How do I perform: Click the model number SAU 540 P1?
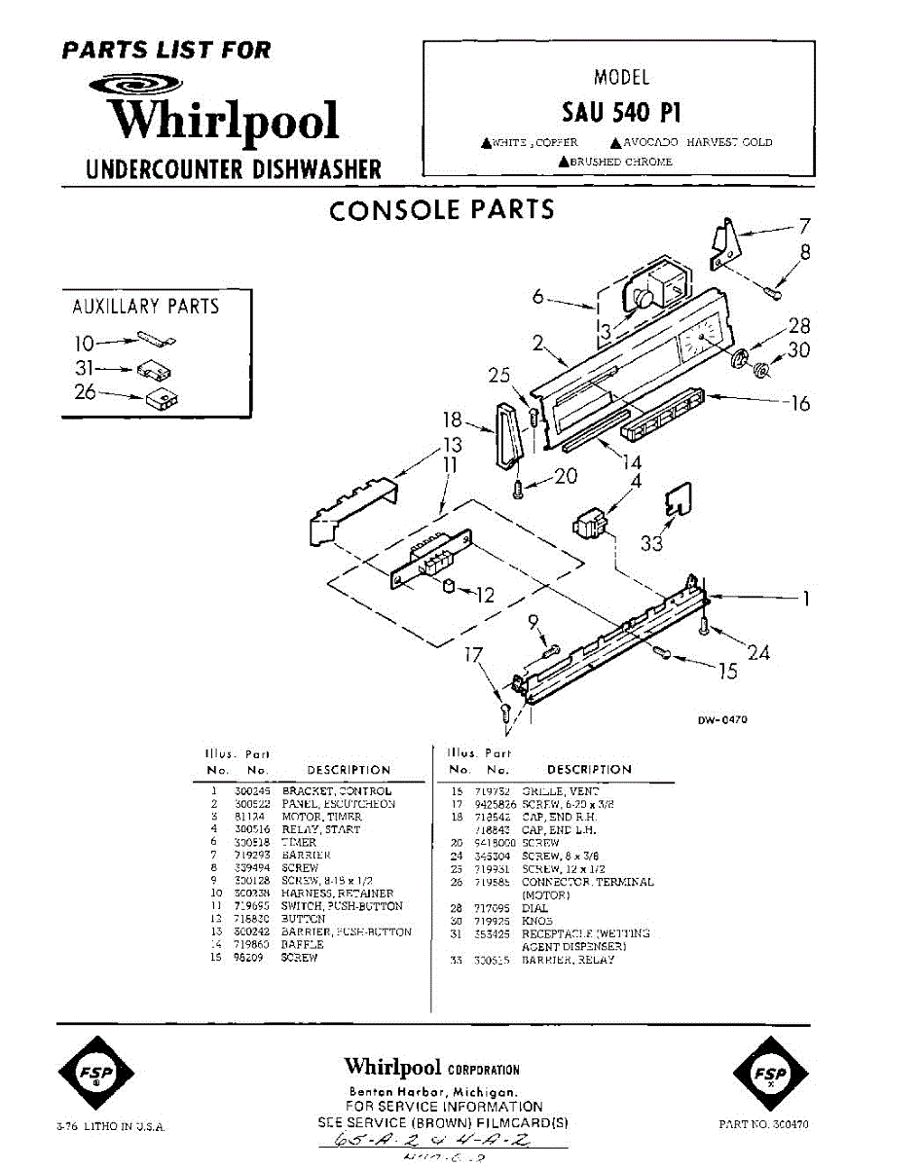[x=620, y=113]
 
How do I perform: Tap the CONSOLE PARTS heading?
[x=442, y=210]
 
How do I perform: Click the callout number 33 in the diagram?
[x=651, y=543]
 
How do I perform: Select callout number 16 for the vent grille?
[x=800, y=403]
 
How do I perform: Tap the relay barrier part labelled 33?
[x=679, y=499]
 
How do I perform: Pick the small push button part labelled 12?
[x=450, y=585]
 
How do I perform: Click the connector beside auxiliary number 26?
[x=162, y=399]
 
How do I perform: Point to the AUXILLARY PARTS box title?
[x=146, y=307]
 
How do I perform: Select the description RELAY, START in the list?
[x=321, y=829]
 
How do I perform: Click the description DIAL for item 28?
[x=535, y=908]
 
